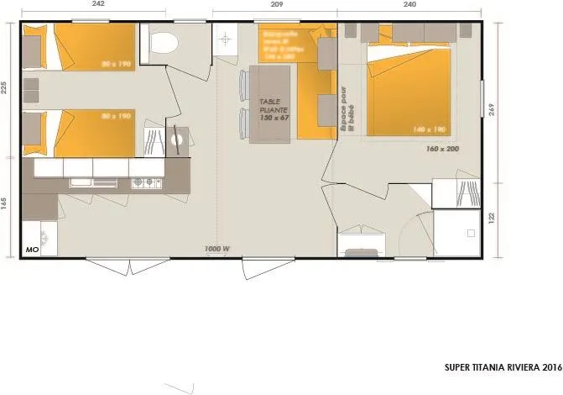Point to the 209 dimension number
[277, 3]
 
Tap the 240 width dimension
[410, 3]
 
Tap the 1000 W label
[217, 249]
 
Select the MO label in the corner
[33, 250]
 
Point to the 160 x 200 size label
[442, 148]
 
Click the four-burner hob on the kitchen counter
[145, 182]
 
